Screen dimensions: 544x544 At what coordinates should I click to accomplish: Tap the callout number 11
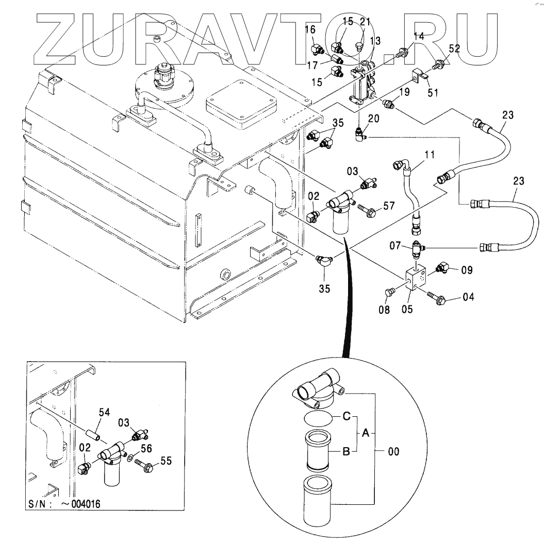[430, 155]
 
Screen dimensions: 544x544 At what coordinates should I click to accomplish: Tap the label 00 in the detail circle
[393, 452]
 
